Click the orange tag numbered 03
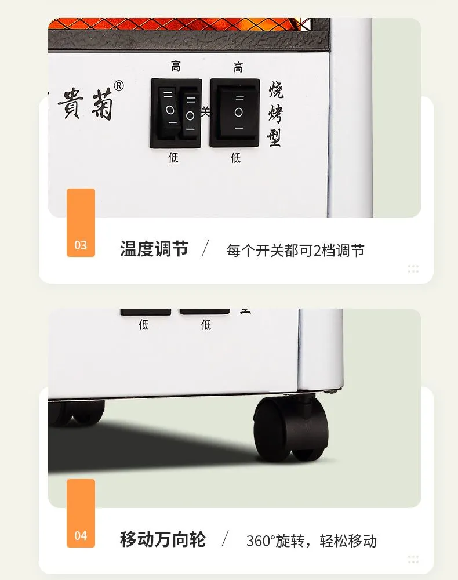(81, 222)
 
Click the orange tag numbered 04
(81, 513)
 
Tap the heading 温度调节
(154, 249)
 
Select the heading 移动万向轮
(163, 539)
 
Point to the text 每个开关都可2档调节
(295, 251)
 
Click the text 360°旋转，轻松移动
(311, 541)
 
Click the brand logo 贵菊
(85, 104)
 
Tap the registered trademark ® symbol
(119, 86)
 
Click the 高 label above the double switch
(176, 67)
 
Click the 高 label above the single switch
(238, 67)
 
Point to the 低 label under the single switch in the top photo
(235, 158)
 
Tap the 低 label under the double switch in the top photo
(173, 158)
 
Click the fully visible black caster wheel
(291, 429)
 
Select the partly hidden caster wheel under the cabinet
(77, 412)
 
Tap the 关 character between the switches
(206, 111)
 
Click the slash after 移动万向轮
(225, 539)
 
